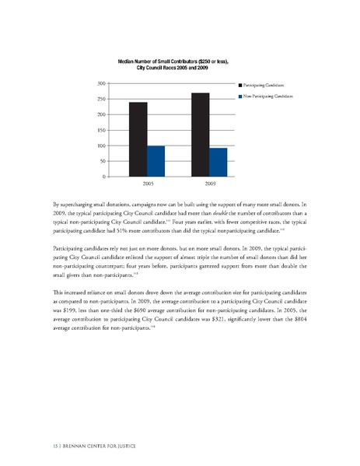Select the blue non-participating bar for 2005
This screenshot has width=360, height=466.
pyautogui.click(x=156, y=161)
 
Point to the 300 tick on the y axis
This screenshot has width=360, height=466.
pyautogui.click(x=102, y=83)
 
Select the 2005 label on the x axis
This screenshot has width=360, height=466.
pyautogui.click(x=147, y=185)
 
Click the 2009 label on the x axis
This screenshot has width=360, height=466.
pyautogui.click(x=210, y=185)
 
